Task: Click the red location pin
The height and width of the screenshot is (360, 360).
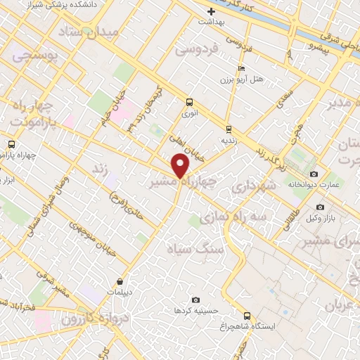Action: coord(181,167)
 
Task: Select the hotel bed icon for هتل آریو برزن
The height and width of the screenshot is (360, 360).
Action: coord(241,69)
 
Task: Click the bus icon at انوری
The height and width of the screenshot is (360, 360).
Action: coord(188,101)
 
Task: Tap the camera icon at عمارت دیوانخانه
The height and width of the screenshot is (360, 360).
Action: coord(314,174)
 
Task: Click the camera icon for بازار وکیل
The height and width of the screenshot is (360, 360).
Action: coord(321,207)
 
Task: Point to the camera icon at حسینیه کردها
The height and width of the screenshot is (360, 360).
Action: coord(195,300)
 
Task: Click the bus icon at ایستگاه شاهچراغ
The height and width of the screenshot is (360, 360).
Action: coord(246,316)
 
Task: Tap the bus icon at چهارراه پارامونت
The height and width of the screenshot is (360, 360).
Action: coord(11,144)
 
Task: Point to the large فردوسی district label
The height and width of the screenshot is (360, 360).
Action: coord(198,51)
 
